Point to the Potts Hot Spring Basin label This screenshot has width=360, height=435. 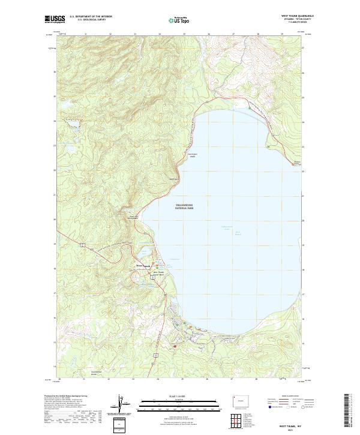tap(133, 218)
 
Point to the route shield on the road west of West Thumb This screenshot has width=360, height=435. tap(80, 244)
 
